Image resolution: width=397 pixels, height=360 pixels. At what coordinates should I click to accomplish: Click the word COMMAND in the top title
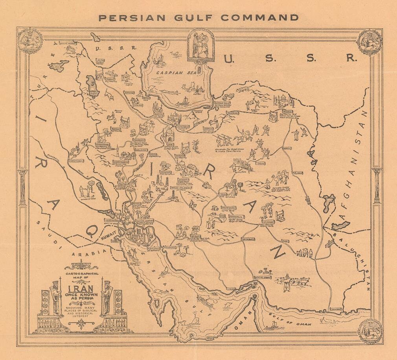[260, 17]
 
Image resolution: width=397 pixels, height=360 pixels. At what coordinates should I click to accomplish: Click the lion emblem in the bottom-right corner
[369, 330]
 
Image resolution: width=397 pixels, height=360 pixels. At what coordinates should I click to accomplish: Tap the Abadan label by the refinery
[154, 249]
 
